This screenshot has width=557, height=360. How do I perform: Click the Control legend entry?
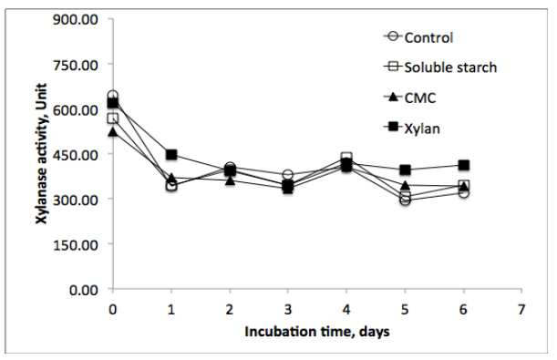[x=418, y=37]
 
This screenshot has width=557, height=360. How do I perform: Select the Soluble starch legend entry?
[x=440, y=67]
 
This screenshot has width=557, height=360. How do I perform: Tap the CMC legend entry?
[x=410, y=98]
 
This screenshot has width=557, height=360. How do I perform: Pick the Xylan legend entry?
[x=412, y=128]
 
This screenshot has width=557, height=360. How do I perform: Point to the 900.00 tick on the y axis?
[x=76, y=19]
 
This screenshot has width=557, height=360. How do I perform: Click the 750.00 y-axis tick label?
[x=76, y=65]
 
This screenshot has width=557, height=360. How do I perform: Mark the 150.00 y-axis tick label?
[x=76, y=244]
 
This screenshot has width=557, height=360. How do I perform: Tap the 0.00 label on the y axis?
[x=84, y=290]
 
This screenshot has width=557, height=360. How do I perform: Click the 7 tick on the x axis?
[x=521, y=309]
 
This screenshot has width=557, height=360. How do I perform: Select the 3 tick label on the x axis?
[x=288, y=309]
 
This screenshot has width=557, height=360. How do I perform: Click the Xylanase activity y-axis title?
[x=42, y=154]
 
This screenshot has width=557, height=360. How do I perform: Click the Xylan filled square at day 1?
[x=171, y=154]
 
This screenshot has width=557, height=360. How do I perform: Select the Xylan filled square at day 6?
[x=464, y=165]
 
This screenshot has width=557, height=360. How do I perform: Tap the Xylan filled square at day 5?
[x=405, y=170]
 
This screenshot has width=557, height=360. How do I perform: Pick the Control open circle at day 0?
[x=113, y=95]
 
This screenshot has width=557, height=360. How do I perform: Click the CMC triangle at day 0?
[x=113, y=132]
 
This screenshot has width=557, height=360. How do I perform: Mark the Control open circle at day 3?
[x=288, y=174]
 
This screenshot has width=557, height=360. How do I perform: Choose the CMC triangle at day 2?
[x=231, y=180]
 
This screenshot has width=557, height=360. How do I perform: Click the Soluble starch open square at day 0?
[x=113, y=118]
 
